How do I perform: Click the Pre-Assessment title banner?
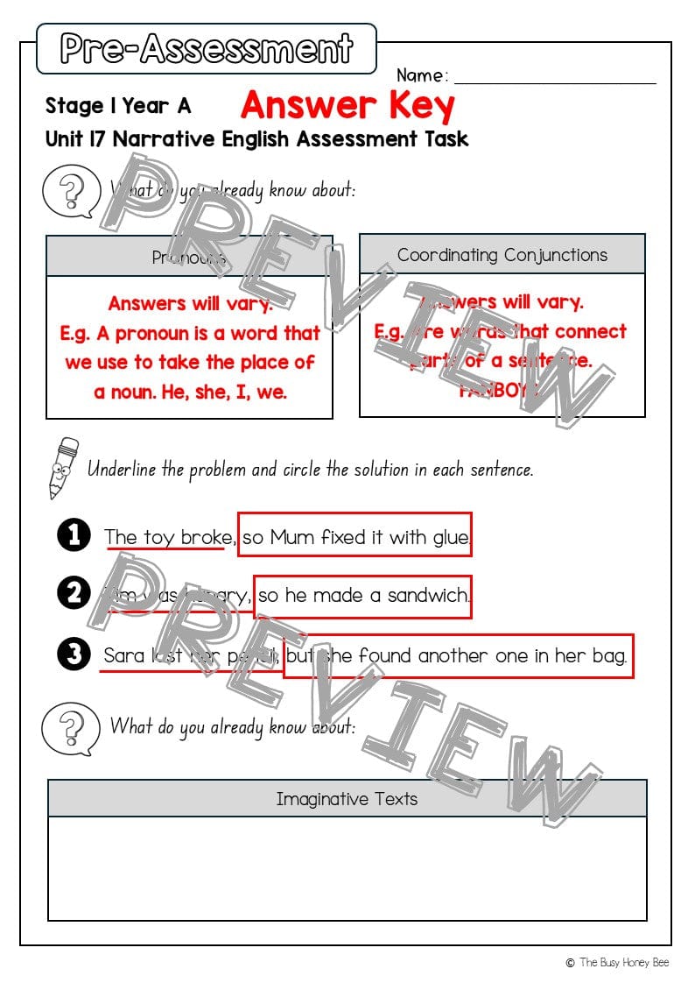(x=207, y=48)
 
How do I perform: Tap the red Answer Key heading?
(x=347, y=106)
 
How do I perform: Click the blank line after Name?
(x=555, y=77)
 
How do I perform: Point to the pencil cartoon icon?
(x=62, y=467)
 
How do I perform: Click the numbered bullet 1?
(x=74, y=535)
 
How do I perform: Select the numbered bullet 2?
(x=74, y=594)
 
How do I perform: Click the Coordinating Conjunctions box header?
(x=502, y=255)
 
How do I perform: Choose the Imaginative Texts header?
(x=347, y=798)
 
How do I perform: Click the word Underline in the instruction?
(x=123, y=469)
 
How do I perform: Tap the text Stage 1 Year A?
(x=117, y=106)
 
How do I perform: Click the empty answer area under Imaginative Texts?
(x=347, y=867)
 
